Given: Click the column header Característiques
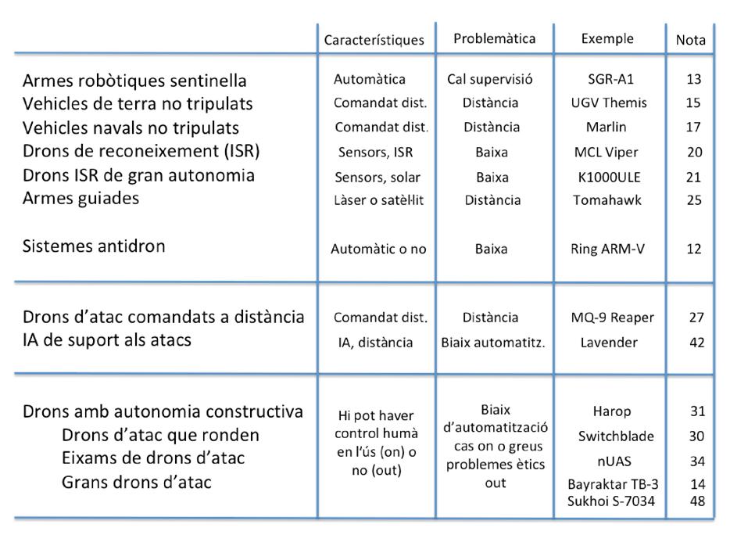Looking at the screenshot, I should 374,40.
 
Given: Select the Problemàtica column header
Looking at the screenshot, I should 495,38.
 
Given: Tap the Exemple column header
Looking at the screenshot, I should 607,38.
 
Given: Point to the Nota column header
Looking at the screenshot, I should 690,40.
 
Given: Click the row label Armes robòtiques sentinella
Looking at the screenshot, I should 134,81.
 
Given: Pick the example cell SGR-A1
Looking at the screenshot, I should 607,79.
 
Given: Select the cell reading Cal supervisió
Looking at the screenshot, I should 490,79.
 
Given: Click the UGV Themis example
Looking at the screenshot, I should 607,103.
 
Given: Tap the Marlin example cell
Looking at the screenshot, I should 607,127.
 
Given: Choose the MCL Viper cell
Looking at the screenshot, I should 607,152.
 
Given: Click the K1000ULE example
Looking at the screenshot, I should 607,176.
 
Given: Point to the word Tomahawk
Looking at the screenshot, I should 607,200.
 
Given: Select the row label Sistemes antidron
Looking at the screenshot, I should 94,246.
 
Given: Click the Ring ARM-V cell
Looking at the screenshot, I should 607,250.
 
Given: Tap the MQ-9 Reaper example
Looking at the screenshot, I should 613,318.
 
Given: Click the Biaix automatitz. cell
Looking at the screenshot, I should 492,342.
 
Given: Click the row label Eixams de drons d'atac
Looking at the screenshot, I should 152,458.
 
